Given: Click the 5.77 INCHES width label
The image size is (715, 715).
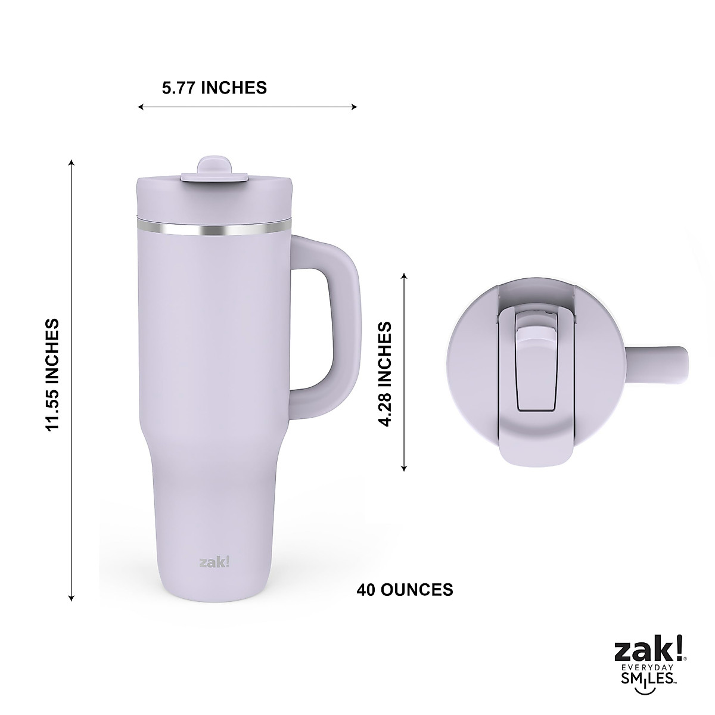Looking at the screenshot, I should (x=214, y=88).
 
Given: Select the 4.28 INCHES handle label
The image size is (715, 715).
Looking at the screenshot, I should (x=386, y=374).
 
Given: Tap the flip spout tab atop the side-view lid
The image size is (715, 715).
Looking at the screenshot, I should (x=214, y=167).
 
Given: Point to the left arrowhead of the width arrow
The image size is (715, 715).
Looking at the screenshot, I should (x=141, y=107).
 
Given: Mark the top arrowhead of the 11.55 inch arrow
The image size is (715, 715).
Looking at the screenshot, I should (x=71, y=163).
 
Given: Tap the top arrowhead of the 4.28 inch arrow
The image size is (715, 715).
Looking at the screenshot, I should (x=405, y=276).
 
